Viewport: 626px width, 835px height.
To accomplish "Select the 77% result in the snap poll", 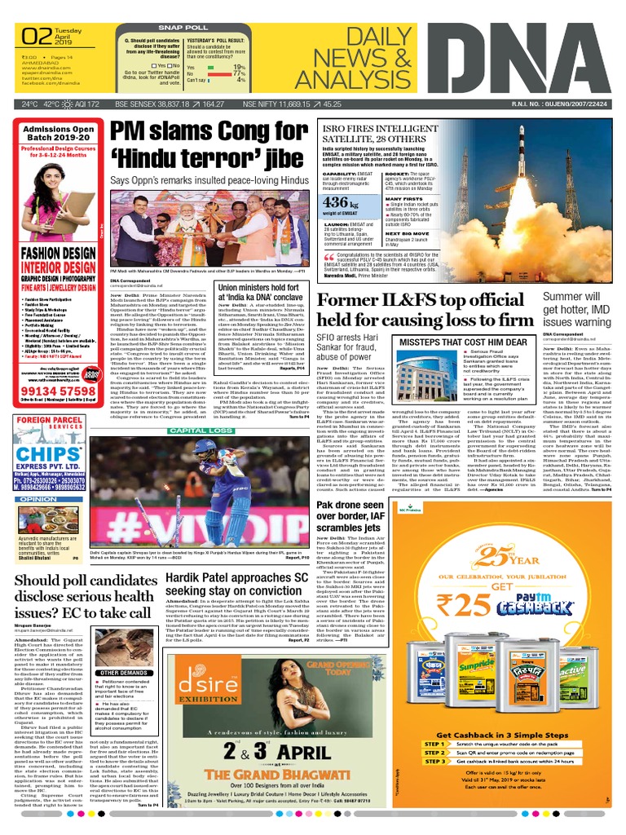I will point(239,73).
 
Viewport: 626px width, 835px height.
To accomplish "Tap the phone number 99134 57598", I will point(53,392).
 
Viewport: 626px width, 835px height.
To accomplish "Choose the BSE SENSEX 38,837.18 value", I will point(146,105).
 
